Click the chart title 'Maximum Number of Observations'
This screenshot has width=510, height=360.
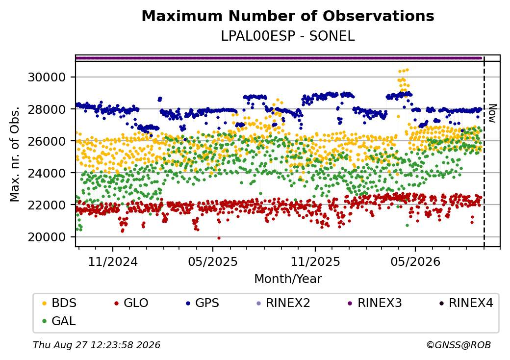click(288, 16)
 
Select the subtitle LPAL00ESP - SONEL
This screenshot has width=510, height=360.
click(288, 36)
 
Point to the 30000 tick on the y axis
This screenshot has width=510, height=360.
click(47, 77)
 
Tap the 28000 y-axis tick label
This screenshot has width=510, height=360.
click(47, 109)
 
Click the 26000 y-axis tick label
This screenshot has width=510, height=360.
click(47, 141)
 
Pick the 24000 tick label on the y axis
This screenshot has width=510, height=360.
click(47, 173)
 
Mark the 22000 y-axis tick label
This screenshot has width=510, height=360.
click(47, 205)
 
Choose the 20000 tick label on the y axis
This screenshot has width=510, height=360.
click(47, 237)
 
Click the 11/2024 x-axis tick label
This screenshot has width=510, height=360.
click(113, 261)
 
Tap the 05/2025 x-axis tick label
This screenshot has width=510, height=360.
click(213, 261)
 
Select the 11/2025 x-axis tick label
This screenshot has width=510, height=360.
click(315, 261)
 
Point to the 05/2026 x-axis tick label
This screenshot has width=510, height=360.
click(415, 261)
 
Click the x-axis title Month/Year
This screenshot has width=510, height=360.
click(288, 279)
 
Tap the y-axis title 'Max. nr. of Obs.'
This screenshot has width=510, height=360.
click(15, 154)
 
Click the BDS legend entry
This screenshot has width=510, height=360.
click(59, 303)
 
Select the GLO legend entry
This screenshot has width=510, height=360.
click(131, 303)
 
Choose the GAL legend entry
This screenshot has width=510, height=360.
click(59, 321)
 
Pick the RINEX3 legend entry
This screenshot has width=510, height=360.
click(375, 303)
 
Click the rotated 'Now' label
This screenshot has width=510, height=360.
click(493, 113)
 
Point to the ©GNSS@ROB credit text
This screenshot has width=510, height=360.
click(459, 345)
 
